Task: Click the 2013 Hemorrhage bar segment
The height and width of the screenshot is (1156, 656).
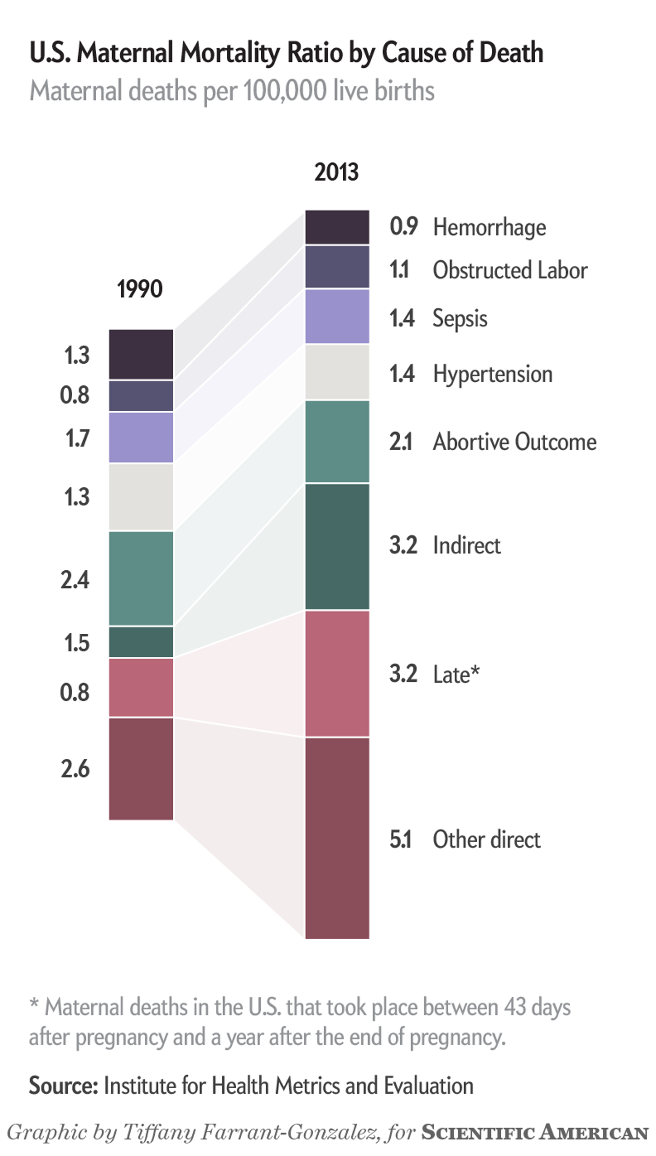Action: tap(337, 227)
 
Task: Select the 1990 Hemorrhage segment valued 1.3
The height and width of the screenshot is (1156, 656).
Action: tap(141, 354)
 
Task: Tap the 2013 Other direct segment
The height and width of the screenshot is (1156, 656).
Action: tap(337, 838)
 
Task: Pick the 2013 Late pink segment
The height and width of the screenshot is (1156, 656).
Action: tap(337, 673)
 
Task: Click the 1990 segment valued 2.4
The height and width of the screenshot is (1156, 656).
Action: tap(141, 578)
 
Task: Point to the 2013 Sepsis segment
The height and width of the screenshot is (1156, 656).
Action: tap(337, 317)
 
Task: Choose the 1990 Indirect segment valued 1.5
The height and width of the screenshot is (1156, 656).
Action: tap(141, 642)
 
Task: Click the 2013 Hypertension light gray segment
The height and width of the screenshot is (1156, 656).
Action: tap(337, 372)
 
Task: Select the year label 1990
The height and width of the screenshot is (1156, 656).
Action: tap(140, 289)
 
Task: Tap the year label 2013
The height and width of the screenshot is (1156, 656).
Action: tap(337, 172)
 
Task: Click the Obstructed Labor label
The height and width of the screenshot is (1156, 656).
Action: tap(509, 270)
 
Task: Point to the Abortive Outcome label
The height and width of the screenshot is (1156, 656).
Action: tap(514, 442)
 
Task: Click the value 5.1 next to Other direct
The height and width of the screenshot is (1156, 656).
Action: tap(401, 839)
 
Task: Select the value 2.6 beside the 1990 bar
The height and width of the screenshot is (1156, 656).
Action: tap(75, 769)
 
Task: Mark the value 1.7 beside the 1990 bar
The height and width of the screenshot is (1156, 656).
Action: tap(77, 439)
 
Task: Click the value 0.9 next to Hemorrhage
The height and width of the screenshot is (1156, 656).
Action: tap(403, 226)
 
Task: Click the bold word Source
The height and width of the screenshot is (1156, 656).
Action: tap(63, 1085)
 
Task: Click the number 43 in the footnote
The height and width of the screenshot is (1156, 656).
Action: tap(514, 1007)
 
